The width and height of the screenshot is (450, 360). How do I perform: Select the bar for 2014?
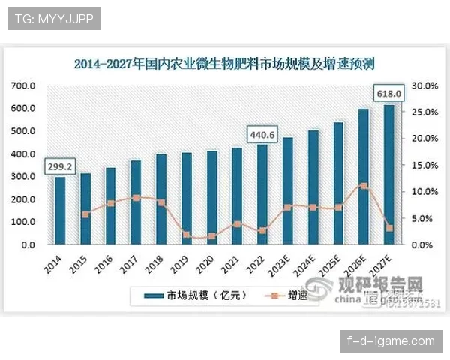click(60, 211)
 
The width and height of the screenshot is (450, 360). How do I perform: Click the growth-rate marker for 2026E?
click(364, 185)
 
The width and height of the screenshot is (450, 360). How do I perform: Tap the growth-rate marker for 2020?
click(211, 236)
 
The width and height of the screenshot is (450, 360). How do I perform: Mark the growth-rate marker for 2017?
click(136, 198)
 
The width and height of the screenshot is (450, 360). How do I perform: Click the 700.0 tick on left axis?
click(22, 85)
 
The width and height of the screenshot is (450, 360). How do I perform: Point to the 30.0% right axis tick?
click(424, 85)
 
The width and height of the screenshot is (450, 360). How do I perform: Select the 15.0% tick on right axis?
click(424, 165)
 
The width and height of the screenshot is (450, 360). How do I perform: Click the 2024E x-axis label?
click(307, 266)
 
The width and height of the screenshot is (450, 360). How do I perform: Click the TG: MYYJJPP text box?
click(54, 19)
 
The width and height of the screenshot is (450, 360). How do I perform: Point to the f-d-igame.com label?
click(391, 341)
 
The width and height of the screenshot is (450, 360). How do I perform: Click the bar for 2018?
click(160, 199)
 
